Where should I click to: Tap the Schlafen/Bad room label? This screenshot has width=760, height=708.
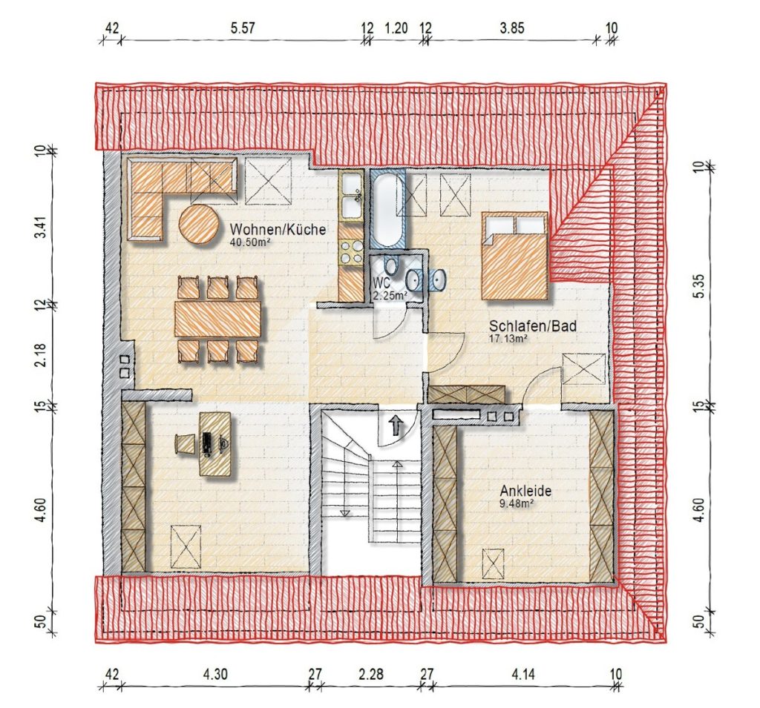pyautogui.click(x=533, y=326)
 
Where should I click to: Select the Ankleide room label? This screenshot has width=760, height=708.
pyautogui.click(x=526, y=491)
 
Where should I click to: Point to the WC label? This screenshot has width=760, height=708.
pyautogui.click(x=381, y=283)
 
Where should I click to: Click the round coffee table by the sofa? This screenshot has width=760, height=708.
pyautogui.click(x=198, y=223)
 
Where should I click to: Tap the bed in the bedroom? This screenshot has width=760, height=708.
pyautogui.click(x=515, y=256)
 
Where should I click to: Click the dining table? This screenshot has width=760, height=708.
pyautogui.click(x=218, y=318)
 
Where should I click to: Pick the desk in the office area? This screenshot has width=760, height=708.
pyautogui.click(x=216, y=444)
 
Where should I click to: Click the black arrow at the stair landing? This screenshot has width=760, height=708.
pyautogui.click(x=396, y=426)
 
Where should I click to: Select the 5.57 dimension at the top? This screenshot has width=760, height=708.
pyautogui.click(x=243, y=28)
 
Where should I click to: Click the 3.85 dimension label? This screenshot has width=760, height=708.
pyautogui.click(x=512, y=28)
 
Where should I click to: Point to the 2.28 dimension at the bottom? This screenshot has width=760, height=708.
pyautogui.click(x=371, y=674)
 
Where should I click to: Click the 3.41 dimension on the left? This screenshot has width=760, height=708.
pyautogui.click(x=42, y=227)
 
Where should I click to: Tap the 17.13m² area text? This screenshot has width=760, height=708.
pyautogui.click(x=508, y=339)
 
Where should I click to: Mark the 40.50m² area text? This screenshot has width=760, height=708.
pyautogui.click(x=249, y=241)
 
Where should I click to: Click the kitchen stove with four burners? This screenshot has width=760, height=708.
pyautogui.click(x=351, y=252)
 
